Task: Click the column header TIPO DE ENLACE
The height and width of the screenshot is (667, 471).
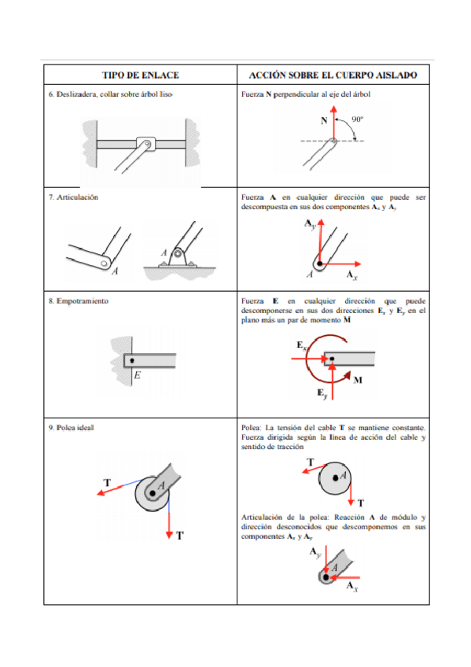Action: click(x=140, y=76)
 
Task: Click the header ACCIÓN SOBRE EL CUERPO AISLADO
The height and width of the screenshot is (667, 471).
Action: click(x=333, y=76)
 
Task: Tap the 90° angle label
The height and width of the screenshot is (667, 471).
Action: click(x=358, y=120)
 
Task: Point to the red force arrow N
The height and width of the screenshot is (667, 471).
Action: click(x=334, y=123)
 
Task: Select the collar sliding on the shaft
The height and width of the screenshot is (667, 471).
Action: click(x=145, y=144)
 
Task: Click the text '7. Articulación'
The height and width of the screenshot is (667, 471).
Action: click(x=73, y=197)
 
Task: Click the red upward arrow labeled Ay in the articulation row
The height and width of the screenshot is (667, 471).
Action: click(x=321, y=241)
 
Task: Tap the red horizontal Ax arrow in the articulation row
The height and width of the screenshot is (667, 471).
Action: click(x=340, y=264)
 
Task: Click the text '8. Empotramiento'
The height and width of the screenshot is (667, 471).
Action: click(x=78, y=301)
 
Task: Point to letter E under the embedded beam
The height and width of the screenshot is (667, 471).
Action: click(x=137, y=376)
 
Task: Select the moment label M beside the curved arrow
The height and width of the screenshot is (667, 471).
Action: click(x=358, y=380)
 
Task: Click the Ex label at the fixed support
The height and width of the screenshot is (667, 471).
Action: click(x=301, y=345)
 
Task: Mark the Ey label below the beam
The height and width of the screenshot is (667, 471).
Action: click(x=322, y=393)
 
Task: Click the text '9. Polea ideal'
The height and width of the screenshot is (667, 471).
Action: click(x=71, y=428)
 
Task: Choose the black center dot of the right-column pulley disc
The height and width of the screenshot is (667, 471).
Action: click(x=336, y=478)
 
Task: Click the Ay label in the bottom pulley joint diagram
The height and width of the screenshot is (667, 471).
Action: click(x=315, y=553)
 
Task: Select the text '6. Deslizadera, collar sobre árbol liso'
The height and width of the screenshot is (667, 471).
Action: click(x=111, y=94)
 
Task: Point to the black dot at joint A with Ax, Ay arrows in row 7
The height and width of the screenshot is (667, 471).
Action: click(x=320, y=263)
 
